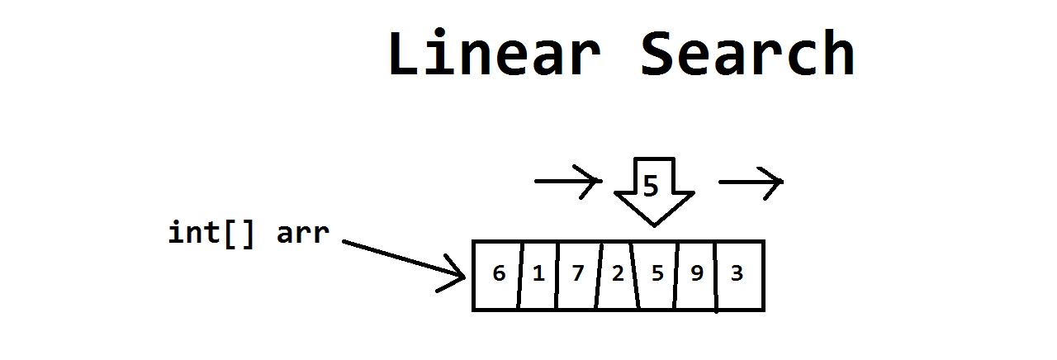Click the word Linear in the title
[495, 52]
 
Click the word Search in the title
[748, 52]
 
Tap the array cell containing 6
[497, 276]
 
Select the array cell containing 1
[538, 276]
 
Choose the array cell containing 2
[617, 276]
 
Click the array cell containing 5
[656, 276]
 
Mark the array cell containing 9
[696, 276]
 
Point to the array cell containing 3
[739, 276]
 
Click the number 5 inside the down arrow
[651, 186]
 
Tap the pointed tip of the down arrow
[655, 226]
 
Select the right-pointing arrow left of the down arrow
[568, 181]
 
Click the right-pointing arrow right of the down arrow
[751, 182]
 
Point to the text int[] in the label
[211, 233]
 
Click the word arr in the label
[303, 234]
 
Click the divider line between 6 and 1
[520, 276]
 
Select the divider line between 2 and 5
[635, 276]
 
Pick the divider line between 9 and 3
[716, 277]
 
